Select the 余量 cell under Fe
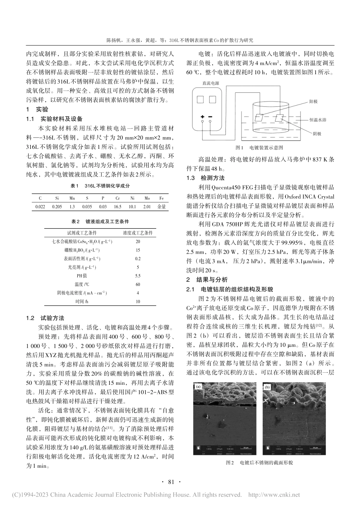[161, 207]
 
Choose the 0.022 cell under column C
[40, 207]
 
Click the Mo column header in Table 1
[147, 198]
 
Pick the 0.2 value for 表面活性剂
[138, 259]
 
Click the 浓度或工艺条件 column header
[138, 233]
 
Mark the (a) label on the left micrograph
[197, 387]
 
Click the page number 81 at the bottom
[171, 482]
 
